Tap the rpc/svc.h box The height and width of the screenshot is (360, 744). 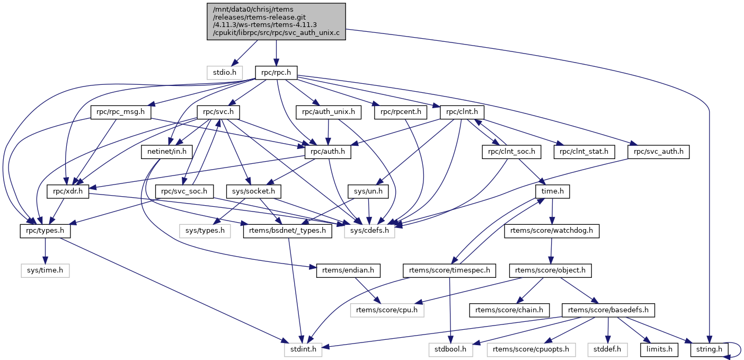218,112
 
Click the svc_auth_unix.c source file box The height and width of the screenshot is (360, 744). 276,21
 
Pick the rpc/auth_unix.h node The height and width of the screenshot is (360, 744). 329,112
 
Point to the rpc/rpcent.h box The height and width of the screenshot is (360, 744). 401,112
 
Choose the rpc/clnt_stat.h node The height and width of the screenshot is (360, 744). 584,152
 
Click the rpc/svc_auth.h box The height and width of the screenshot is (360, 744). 658,152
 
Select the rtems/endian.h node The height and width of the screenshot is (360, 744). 348,270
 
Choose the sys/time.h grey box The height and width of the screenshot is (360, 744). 45,270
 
